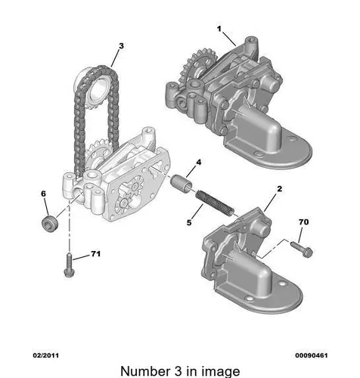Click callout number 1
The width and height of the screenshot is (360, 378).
(219, 29)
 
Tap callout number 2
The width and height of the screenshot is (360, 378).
(279, 188)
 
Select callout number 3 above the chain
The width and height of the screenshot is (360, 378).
(121, 46)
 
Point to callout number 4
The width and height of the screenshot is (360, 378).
(199, 163)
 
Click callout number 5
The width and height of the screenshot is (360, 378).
(189, 222)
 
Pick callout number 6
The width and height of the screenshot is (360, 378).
(44, 194)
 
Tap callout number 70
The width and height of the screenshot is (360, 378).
(303, 222)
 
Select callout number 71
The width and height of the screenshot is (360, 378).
(95, 254)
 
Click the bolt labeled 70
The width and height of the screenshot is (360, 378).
(302, 249)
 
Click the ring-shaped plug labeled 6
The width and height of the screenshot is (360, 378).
(50, 224)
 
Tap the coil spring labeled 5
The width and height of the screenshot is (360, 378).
(215, 203)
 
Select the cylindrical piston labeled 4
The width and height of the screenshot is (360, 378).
(181, 185)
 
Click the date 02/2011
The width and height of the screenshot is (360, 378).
(46, 355)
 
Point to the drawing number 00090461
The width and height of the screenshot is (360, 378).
(312, 355)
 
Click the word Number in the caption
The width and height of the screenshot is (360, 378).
(145, 371)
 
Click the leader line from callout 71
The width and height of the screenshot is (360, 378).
(81, 257)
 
